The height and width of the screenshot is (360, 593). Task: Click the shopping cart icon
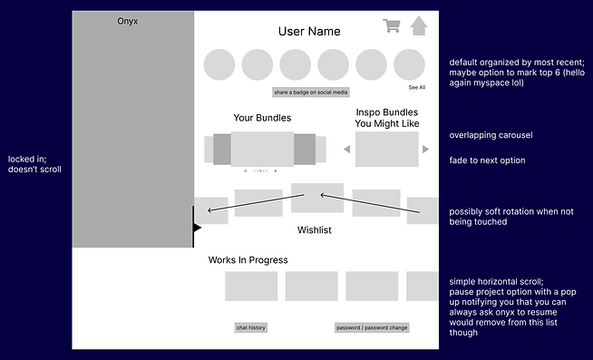coord(392,25)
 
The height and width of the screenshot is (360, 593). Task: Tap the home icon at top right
coord(418,25)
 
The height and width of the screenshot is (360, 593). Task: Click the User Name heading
coord(309,32)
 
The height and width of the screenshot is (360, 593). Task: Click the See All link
coord(416,88)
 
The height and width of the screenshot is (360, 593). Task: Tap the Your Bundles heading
coord(262,118)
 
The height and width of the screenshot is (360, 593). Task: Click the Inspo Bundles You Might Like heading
coord(387,118)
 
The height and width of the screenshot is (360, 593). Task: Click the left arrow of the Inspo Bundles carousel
coord(346,149)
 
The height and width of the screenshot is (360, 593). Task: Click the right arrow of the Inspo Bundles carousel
coord(425,149)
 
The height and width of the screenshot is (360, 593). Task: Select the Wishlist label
coord(315,230)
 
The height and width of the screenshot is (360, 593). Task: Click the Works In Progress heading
coord(248,260)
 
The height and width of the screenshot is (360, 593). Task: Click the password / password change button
coord(372,327)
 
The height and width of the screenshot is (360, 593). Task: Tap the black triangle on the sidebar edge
coord(197,228)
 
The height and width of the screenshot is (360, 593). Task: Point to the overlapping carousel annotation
coord(491,136)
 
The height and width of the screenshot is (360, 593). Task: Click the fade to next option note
coord(486,161)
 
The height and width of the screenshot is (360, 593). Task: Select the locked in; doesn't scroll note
coord(35,164)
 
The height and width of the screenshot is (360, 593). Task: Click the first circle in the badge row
coord(219,65)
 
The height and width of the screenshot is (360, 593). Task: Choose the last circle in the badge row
coord(409,65)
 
